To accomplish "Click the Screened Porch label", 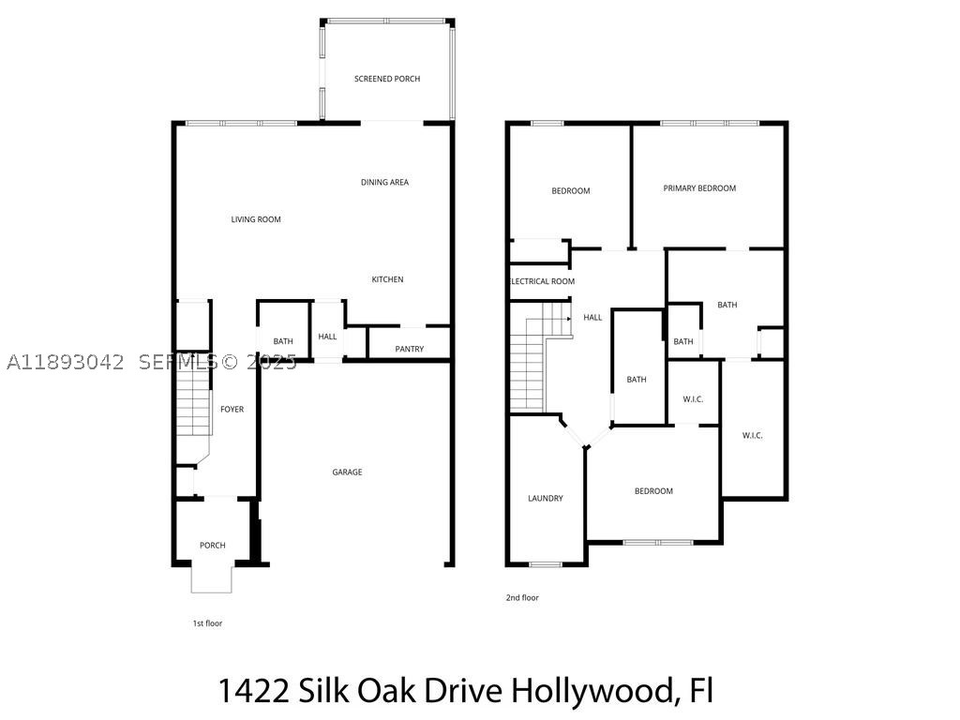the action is [387, 79].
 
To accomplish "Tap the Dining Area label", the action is [384, 182].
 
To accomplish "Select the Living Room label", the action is [256, 219].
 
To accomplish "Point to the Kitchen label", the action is [387, 279].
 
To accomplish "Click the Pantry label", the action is [410, 349].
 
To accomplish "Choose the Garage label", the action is [347, 472].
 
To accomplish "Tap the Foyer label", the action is [232, 409].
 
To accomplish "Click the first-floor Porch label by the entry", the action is [213, 545].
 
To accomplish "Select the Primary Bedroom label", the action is [699, 187].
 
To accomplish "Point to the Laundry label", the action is [546, 499].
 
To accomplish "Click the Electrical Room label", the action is [543, 281].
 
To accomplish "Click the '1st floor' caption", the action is [207, 623].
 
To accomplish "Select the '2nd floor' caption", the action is [522, 597].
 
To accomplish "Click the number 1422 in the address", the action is [254, 691].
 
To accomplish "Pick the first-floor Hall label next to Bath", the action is [327, 337].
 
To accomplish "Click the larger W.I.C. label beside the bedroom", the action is [753, 435].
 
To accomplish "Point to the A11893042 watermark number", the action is [65, 363].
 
